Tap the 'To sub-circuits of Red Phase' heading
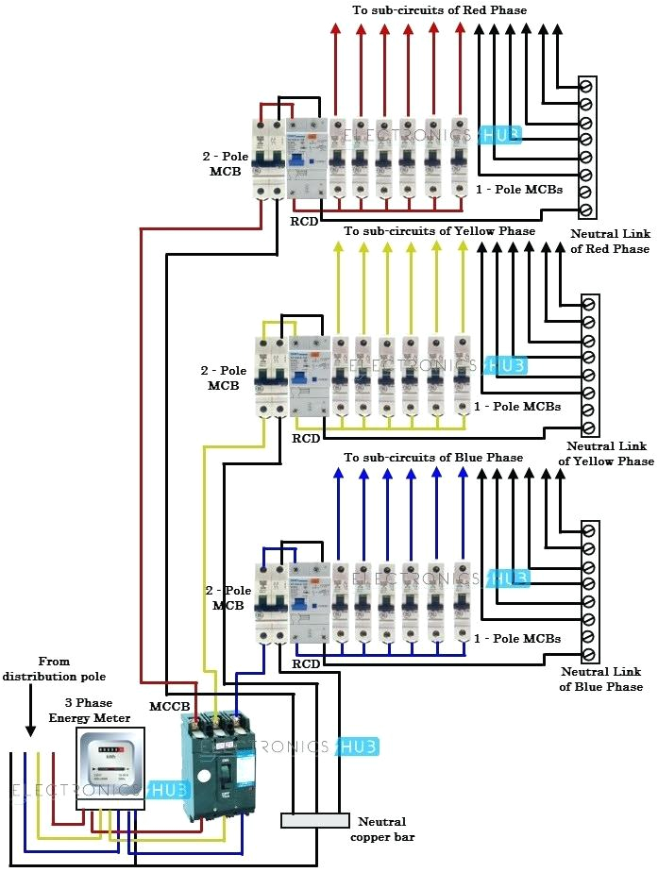439,9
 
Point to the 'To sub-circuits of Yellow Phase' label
439,231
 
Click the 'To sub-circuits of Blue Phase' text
433,458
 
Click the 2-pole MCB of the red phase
270,159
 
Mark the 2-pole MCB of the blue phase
272,603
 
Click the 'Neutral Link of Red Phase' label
610,241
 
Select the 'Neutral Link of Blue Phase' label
601,679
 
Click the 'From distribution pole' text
54,669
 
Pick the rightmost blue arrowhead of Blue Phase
462,473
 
